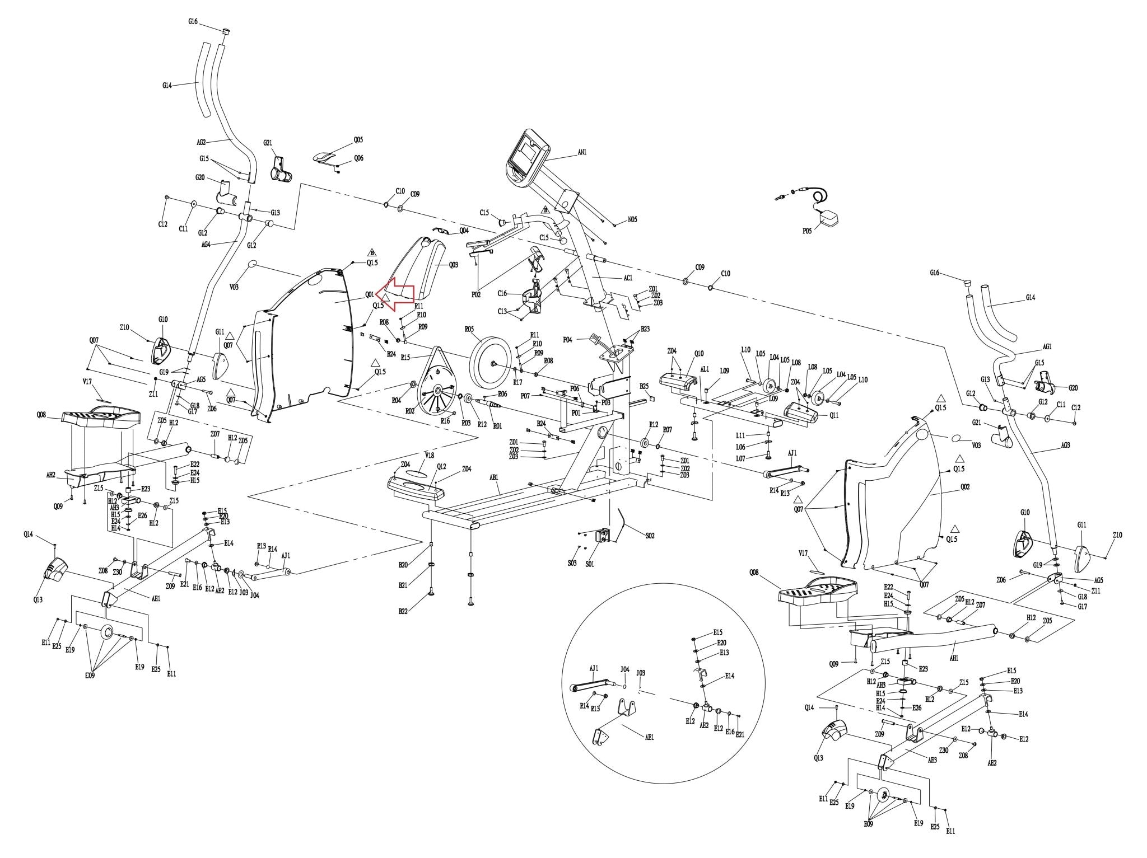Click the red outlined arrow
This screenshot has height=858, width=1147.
click(395, 293)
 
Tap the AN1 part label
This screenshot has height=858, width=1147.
click(582, 152)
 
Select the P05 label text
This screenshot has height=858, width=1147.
click(806, 231)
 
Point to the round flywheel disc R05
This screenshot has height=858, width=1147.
click(491, 362)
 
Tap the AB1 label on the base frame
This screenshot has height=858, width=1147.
click(493, 478)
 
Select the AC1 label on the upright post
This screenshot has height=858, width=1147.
click(627, 278)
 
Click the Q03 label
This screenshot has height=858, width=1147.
click(453, 265)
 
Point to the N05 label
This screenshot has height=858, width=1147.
click(632, 220)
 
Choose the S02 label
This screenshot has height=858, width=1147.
click(649, 536)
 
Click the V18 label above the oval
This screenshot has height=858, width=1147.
click(429, 456)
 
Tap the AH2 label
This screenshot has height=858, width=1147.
click(50, 475)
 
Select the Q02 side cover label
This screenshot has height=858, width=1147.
click(964, 487)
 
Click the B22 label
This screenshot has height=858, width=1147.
click(403, 611)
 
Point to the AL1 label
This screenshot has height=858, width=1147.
click(705, 369)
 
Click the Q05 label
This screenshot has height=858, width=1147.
click(358, 139)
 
